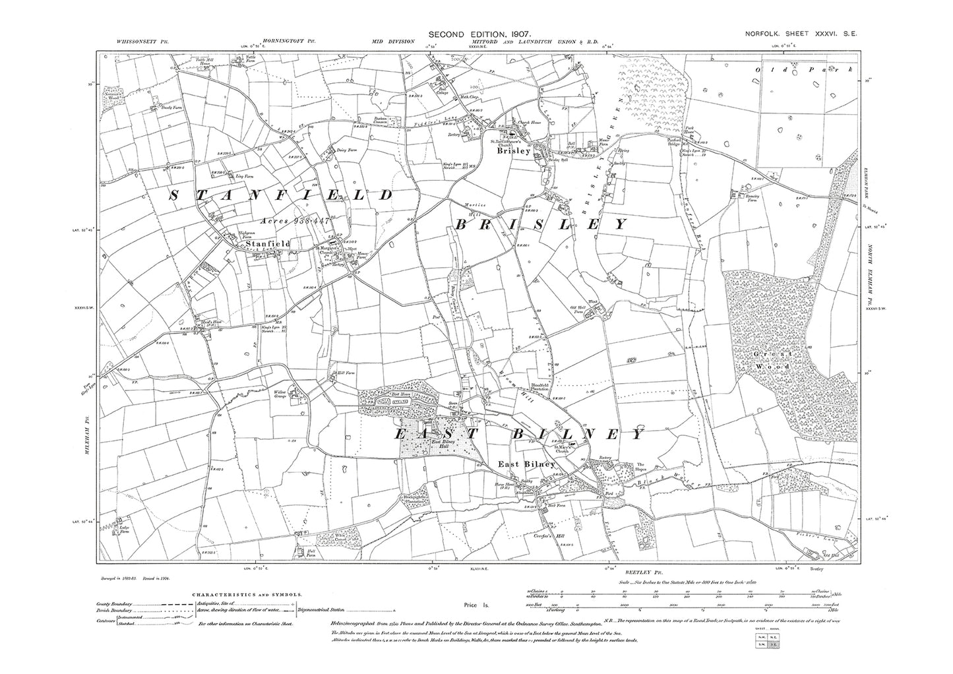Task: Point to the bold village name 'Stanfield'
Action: click(267, 244)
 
